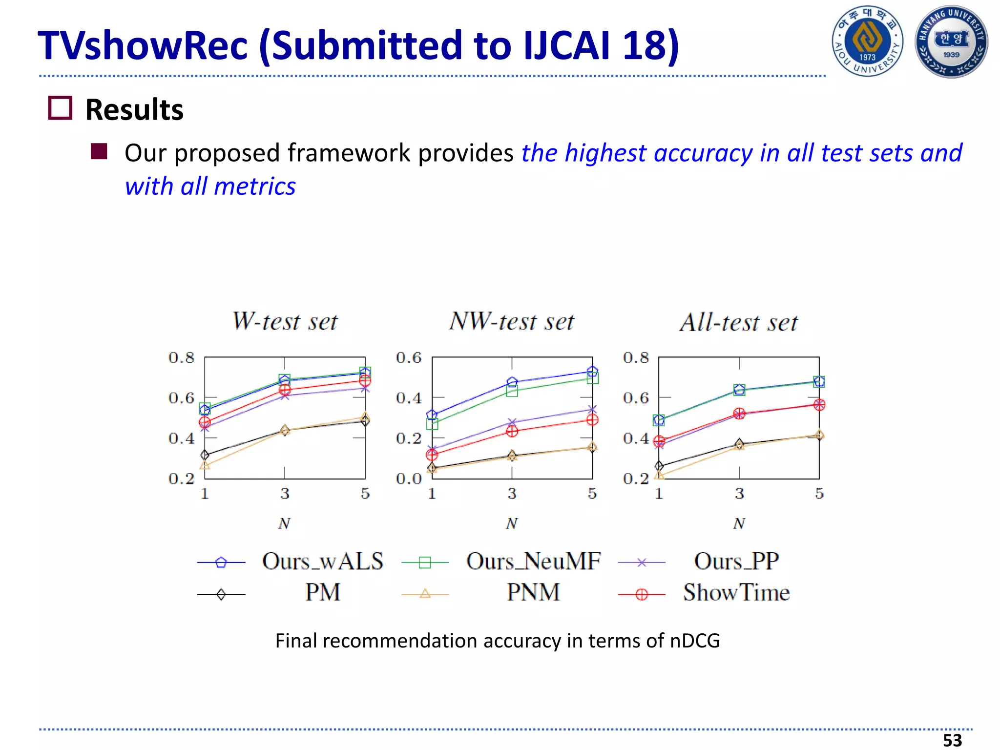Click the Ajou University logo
pos(867,42)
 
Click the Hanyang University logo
pos(951,42)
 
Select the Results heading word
pos(134,109)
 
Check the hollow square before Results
pos(60,108)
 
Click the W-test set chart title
pos(285,322)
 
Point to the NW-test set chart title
pos(511,322)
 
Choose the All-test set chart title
pos(738,323)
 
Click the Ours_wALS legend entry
pos(322,562)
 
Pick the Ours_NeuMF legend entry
pos(533,562)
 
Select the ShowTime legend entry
pos(736,593)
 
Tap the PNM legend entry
pos(533,593)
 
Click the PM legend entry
pos(322,593)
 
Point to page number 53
pos(952,740)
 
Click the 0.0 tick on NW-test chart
pos(409,479)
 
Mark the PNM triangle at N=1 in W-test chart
pos(205,465)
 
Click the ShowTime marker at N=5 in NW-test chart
pos(592,420)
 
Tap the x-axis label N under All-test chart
pos(739,524)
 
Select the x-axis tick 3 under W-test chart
pos(285,494)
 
